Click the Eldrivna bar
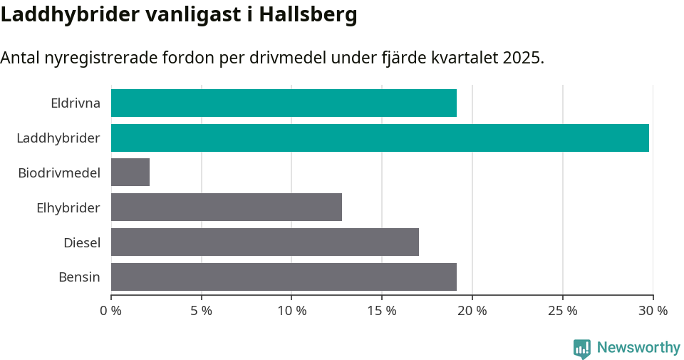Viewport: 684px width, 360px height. pyautogui.click(x=284, y=103)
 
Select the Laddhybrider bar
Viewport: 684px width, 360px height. pyautogui.click(x=380, y=138)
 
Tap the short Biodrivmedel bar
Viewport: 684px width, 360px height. pyautogui.click(x=130, y=173)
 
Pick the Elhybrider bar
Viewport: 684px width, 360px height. pyautogui.click(x=227, y=207)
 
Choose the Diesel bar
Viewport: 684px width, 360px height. pyautogui.click(x=265, y=242)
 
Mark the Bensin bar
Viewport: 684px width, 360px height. pyautogui.click(x=284, y=277)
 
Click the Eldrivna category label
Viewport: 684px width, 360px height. pyautogui.click(x=75, y=103)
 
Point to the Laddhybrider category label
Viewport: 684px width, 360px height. pyautogui.click(x=58, y=138)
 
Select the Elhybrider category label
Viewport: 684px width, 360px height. pyautogui.click(x=68, y=207)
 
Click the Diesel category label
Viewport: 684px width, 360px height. pyautogui.click(x=81, y=242)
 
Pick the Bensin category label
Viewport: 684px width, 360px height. pyautogui.click(x=79, y=277)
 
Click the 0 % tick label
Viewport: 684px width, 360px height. pyautogui.click(x=111, y=311)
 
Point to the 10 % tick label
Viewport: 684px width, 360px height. pyautogui.click(x=291, y=311)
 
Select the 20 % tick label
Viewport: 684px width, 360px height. pyautogui.click(x=472, y=311)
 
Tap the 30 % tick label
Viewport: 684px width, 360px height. pyautogui.click(x=653, y=311)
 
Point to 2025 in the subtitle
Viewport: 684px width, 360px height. pyautogui.click(x=522, y=58)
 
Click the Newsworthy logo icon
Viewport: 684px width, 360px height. pyautogui.click(x=582, y=348)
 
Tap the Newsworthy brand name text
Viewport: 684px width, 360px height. pyautogui.click(x=638, y=348)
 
